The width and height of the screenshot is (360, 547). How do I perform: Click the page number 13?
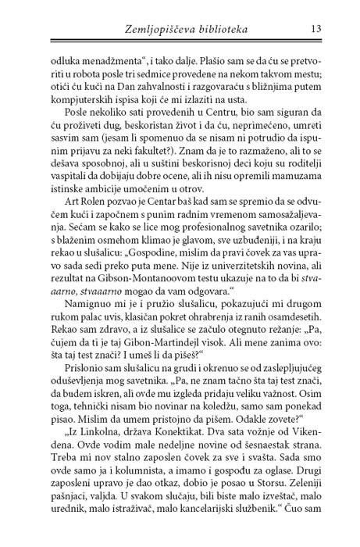(316, 30)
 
